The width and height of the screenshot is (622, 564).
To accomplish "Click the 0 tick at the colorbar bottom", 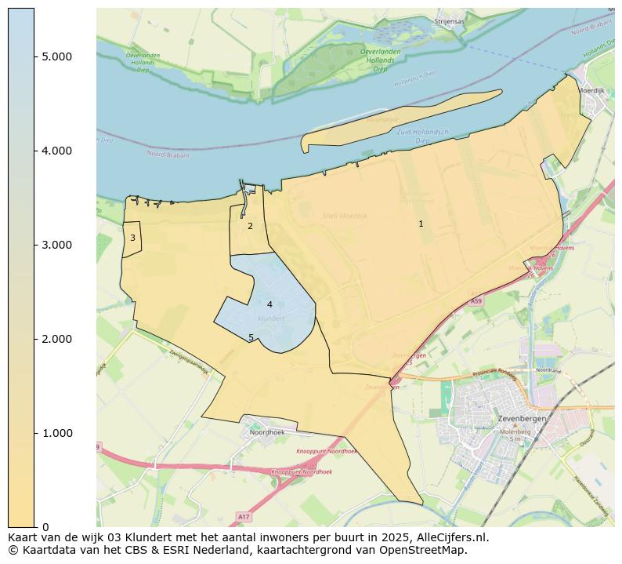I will [45, 526].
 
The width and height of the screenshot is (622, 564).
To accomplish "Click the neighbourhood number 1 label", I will [421, 224].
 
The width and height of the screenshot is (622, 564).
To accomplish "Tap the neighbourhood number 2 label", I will [250, 226].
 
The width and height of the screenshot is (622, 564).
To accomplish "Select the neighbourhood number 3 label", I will [132, 238].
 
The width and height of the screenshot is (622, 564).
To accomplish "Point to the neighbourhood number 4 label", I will [269, 304].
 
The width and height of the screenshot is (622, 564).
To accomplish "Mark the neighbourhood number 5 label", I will [251, 337].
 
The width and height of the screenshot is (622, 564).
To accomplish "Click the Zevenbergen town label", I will [522, 419].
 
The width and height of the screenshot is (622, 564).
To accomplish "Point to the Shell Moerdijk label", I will [345, 216].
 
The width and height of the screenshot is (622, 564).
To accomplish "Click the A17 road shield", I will [244, 516].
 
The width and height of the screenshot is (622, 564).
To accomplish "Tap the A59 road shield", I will [476, 301].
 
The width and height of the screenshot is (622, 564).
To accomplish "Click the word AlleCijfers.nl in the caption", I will [450, 538].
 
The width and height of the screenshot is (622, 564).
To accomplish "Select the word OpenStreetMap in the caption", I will [423, 551].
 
